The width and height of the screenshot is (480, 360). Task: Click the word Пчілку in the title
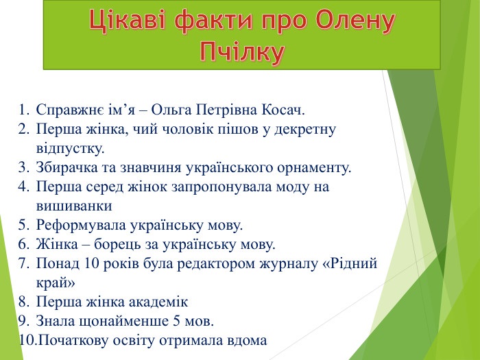(242, 51)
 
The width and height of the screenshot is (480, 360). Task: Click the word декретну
(305, 130)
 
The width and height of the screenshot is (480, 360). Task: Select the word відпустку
(71, 149)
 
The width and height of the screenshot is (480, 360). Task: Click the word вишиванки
(74, 206)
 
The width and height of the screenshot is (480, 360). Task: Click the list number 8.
(23, 302)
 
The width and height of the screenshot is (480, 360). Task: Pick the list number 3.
(23, 168)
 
